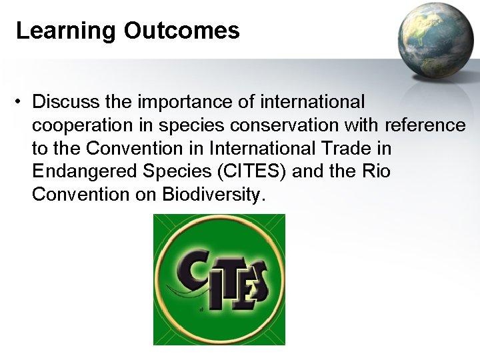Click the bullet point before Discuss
point(22,102)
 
